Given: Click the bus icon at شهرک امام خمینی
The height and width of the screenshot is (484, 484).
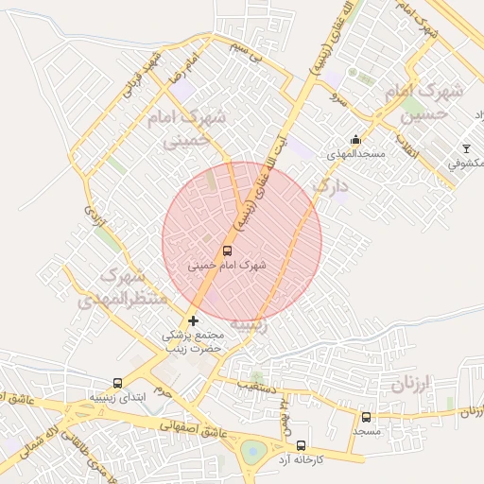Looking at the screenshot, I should coord(227,251).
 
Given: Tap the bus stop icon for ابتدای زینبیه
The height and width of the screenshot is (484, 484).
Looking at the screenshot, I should coord(117,383).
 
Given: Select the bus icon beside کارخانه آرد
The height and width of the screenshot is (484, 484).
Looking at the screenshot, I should coord(301,445).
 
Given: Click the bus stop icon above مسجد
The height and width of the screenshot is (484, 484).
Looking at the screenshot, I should coord(366,417).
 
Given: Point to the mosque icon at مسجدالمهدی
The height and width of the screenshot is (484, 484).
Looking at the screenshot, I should coord(355,140).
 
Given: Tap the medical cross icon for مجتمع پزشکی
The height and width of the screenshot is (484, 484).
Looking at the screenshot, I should coord(194,321).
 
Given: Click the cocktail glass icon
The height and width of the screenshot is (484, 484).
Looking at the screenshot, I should coord(465,148).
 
